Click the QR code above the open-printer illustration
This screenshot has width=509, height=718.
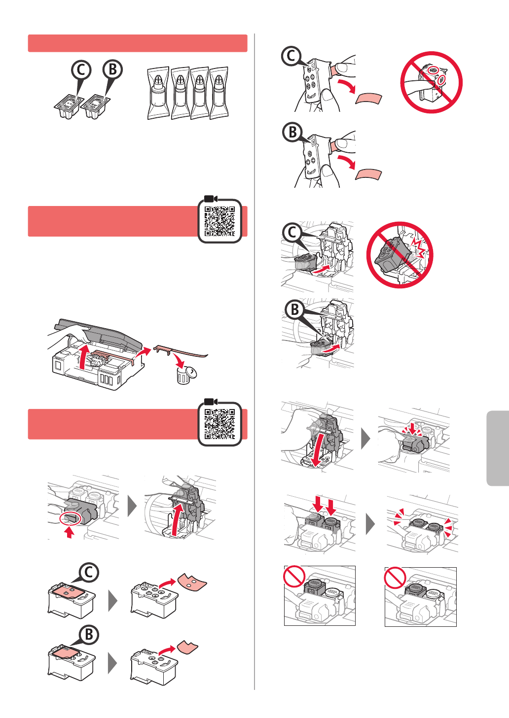(219, 221)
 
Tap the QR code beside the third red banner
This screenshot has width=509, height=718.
(219, 424)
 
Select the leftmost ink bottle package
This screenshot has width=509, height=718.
(158, 93)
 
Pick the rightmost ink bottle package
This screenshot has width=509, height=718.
(219, 93)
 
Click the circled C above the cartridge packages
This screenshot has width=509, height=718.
(81, 70)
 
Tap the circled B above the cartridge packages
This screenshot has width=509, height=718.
(112, 69)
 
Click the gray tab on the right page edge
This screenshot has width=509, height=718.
(498, 448)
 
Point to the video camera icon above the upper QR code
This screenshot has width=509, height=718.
(211, 199)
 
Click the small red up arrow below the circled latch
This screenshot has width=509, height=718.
(69, 533)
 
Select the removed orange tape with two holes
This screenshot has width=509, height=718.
(192, 582)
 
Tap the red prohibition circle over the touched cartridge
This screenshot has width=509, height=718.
(432, 82)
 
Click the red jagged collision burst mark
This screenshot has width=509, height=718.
(418, 246)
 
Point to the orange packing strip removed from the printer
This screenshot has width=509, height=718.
(181, 351)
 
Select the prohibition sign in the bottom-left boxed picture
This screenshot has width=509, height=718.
(294, 576)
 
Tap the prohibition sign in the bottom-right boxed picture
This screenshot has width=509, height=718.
(395, 578)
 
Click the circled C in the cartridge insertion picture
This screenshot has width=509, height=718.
(292, 233)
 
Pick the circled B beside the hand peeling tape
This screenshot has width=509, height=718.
(292, 132)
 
